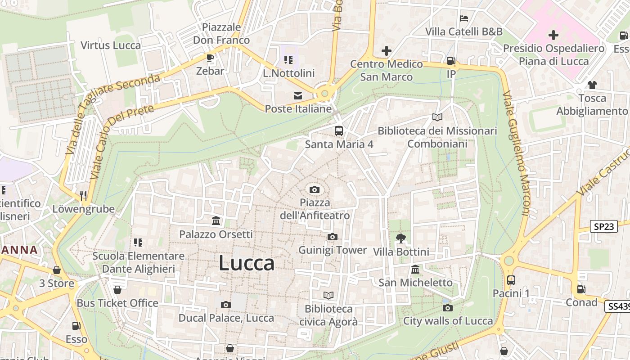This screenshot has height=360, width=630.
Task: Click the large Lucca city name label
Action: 247,263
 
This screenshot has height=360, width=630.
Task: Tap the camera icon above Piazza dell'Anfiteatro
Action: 315,189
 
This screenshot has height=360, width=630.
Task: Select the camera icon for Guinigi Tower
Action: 333,237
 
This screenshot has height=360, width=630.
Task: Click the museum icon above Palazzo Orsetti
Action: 216,221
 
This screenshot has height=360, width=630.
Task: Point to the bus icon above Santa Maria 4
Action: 339,131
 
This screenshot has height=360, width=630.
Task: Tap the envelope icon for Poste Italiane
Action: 297,95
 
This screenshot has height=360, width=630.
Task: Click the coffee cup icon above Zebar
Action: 210,58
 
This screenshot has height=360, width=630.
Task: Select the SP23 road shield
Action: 603,226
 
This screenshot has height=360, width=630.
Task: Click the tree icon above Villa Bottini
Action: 401,238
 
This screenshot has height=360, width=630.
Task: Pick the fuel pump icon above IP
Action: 451,60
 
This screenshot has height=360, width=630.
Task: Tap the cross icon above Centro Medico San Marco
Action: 386,51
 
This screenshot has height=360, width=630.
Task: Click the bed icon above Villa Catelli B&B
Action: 464,18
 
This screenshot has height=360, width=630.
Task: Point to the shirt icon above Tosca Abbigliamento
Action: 592,85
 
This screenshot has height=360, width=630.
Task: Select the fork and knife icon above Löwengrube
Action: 83,195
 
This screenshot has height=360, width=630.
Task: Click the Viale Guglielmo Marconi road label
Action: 517,153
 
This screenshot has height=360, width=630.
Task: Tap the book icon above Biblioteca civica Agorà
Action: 329,295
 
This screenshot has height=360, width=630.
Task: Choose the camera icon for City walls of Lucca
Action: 447,308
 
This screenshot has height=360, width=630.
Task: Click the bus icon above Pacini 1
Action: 511,280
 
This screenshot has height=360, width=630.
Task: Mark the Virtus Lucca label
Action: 111,45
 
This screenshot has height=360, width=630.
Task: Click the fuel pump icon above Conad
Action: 581,289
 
